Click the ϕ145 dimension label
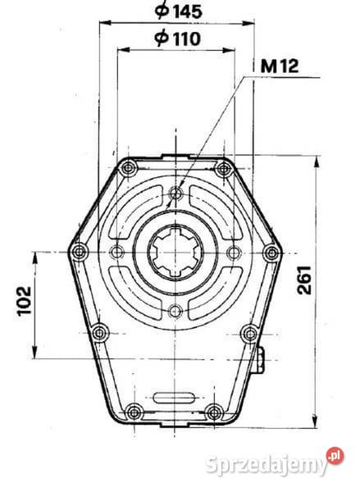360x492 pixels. pos(179,11)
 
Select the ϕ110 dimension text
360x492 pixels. pos(179,38)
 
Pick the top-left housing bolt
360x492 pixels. pos(126,169)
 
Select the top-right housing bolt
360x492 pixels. pos(222,169)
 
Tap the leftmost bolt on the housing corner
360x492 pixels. pos(79,251)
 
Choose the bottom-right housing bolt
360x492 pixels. pos(214,412)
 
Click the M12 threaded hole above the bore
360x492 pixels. pos(175,194)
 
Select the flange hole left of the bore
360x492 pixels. pos(117,252)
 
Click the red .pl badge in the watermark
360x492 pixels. pos(334,455)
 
